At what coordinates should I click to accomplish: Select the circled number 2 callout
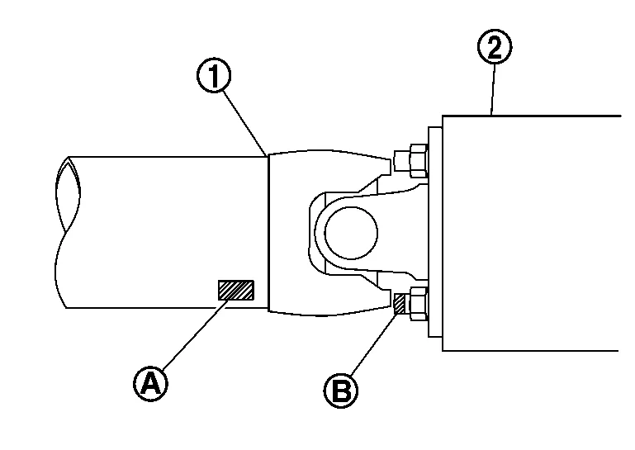pyautogui.click(x=494, y=48)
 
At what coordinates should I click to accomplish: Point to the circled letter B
pyautogui.click(x=340, y=388)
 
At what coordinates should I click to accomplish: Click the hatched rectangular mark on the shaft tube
pyautogui.click(x=235, y=290)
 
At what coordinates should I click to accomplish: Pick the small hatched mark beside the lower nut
pyautogui.click(x=400, y=303)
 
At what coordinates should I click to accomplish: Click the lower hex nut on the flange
pyautogui.click(x=415, y=303)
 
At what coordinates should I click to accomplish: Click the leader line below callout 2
pyautogui.click(x=493, y=91)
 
